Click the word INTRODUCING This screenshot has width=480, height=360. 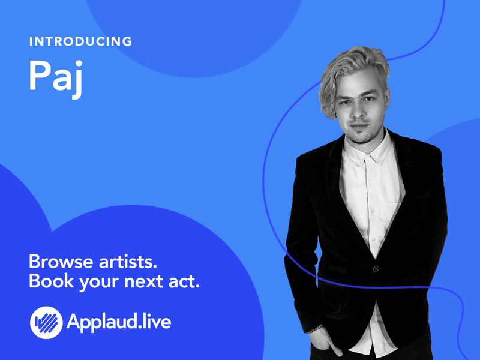80,42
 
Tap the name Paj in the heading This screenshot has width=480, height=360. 55,76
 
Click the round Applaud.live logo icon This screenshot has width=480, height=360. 46,322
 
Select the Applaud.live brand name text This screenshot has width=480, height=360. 119,322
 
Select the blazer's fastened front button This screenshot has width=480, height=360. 376,268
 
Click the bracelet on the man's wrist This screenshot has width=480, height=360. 316,328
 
